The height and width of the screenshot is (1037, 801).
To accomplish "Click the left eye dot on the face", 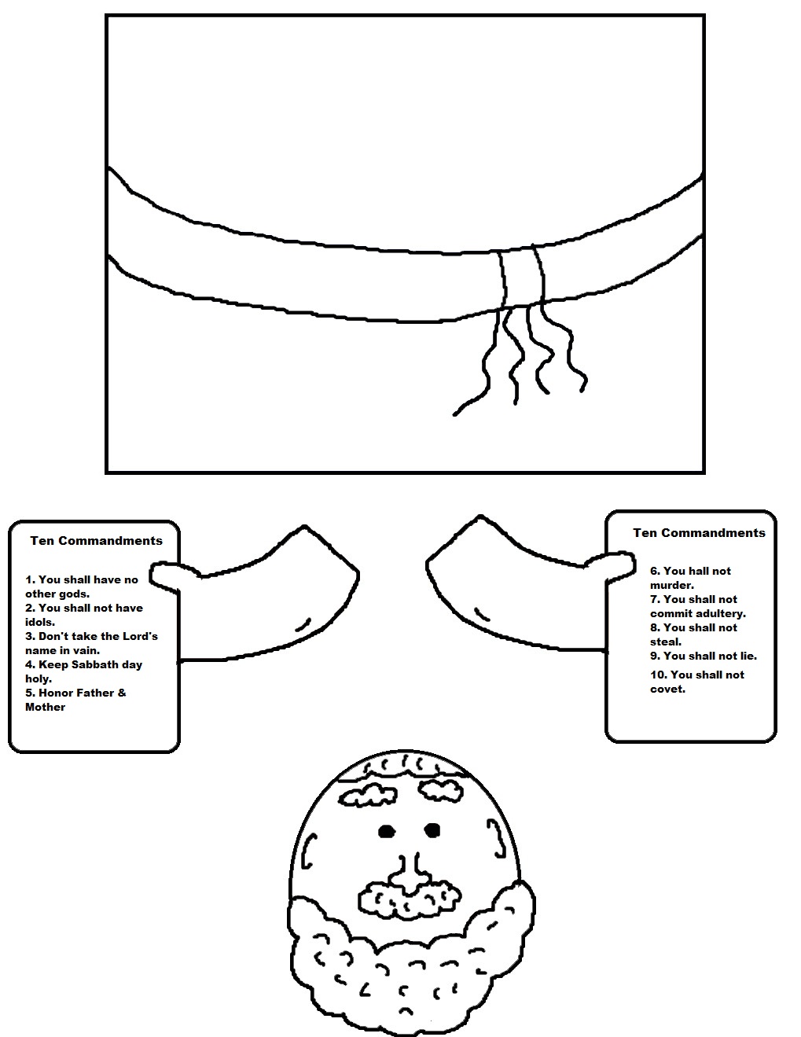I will pyautogui.click(x=385, y=830).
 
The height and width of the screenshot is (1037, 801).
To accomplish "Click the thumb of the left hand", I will pyautogui.click(x=165, y=575).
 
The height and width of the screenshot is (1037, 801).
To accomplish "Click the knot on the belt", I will pyautogui.click(x=520, y=279).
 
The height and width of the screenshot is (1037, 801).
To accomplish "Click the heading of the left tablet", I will pyautogui.click(x=96, y=541).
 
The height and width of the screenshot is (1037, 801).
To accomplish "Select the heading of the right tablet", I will pyautogui.click(x=699, y=533).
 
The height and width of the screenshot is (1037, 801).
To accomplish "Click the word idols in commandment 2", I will pyautogui.click(x=39, y=622).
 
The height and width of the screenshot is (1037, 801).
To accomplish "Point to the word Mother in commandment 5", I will pyautogui.click(x=46, y=707).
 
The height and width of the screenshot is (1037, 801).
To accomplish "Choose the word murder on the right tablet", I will pyautogui.click(x=671, y=585).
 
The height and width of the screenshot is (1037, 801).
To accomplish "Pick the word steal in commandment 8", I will pyautogui.click(x=665, y=642).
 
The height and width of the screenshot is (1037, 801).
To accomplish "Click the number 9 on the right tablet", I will pyautogui.click(x=653, y=656).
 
